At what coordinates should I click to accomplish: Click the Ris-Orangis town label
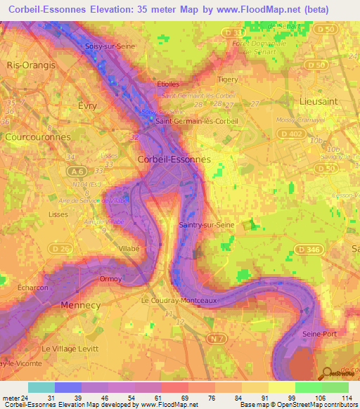[x=31, y=64]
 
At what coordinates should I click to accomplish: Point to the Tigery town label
[x=229, y=80]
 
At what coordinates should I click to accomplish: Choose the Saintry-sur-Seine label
[x=207, y=225]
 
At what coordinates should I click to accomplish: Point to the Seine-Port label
[x=320, y=333]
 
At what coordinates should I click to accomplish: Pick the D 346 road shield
[x=308, y=249]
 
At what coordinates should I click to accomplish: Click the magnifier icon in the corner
[x=327, y=374]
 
